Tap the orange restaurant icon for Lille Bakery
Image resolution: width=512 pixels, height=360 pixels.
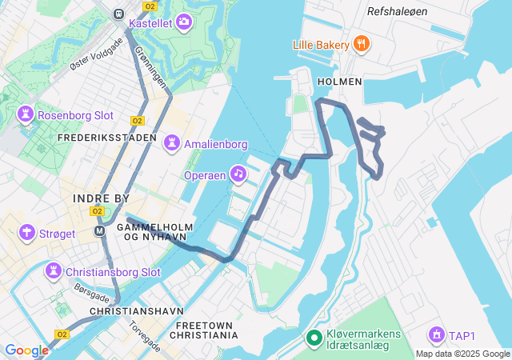tap(362, 43)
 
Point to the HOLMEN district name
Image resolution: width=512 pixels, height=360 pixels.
tap(340, 82)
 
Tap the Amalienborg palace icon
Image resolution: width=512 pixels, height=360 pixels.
tap(171, 144)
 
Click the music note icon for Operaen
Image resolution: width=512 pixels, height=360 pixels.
tap(238, 173)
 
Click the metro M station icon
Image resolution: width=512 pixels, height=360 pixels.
tap(100, 231)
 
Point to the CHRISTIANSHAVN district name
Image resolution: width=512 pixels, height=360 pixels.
tap(137, 310)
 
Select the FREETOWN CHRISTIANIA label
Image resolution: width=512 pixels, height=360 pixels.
tap(206, 330)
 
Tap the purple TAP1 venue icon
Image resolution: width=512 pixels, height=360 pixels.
tap(436, 334)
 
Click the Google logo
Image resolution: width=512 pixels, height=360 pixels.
tap(26, 350)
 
